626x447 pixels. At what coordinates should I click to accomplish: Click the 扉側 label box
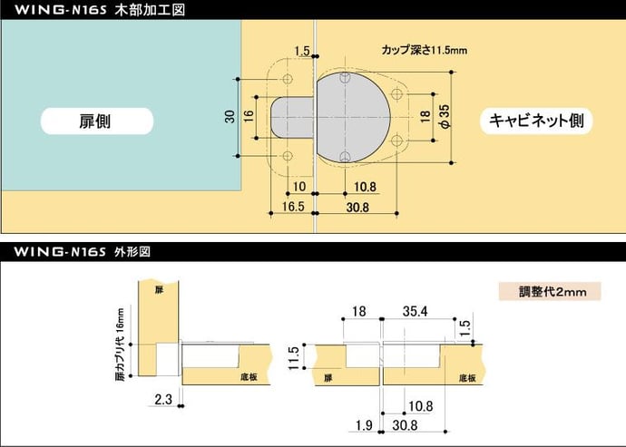click(x=96, y=121)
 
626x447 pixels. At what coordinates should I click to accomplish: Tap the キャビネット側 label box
click(x=541, y=121)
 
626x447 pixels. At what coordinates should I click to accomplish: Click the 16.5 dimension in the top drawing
click(x=291, y=207)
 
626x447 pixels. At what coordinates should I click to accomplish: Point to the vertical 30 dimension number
click(x=230, y=116)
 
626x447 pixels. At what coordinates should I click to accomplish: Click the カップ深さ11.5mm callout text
click(x=425, y=49)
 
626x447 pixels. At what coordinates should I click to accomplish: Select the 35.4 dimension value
click(x=413, y=313)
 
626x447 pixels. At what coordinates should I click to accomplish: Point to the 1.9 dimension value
click(x=364, y=425)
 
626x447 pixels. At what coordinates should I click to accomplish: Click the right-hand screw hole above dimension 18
click(x=396, y=93)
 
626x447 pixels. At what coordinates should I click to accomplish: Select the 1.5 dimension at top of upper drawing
click(x=302, y=51)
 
